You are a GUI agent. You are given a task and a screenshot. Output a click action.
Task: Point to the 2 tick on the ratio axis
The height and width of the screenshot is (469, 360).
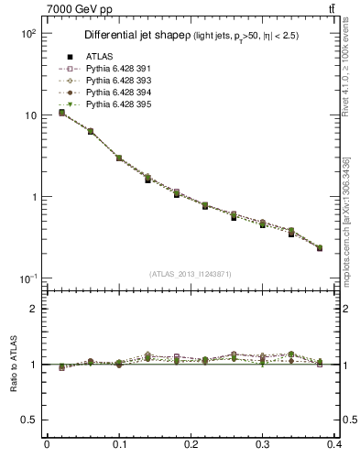pyautogui.click(x=32, y=309)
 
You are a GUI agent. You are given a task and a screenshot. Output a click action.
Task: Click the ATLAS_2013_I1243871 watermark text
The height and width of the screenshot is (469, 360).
pyautogui.click(x=191, y=274)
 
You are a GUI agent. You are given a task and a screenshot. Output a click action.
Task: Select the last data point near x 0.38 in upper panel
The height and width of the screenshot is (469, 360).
pyautogui.click(x=320, y=247)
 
